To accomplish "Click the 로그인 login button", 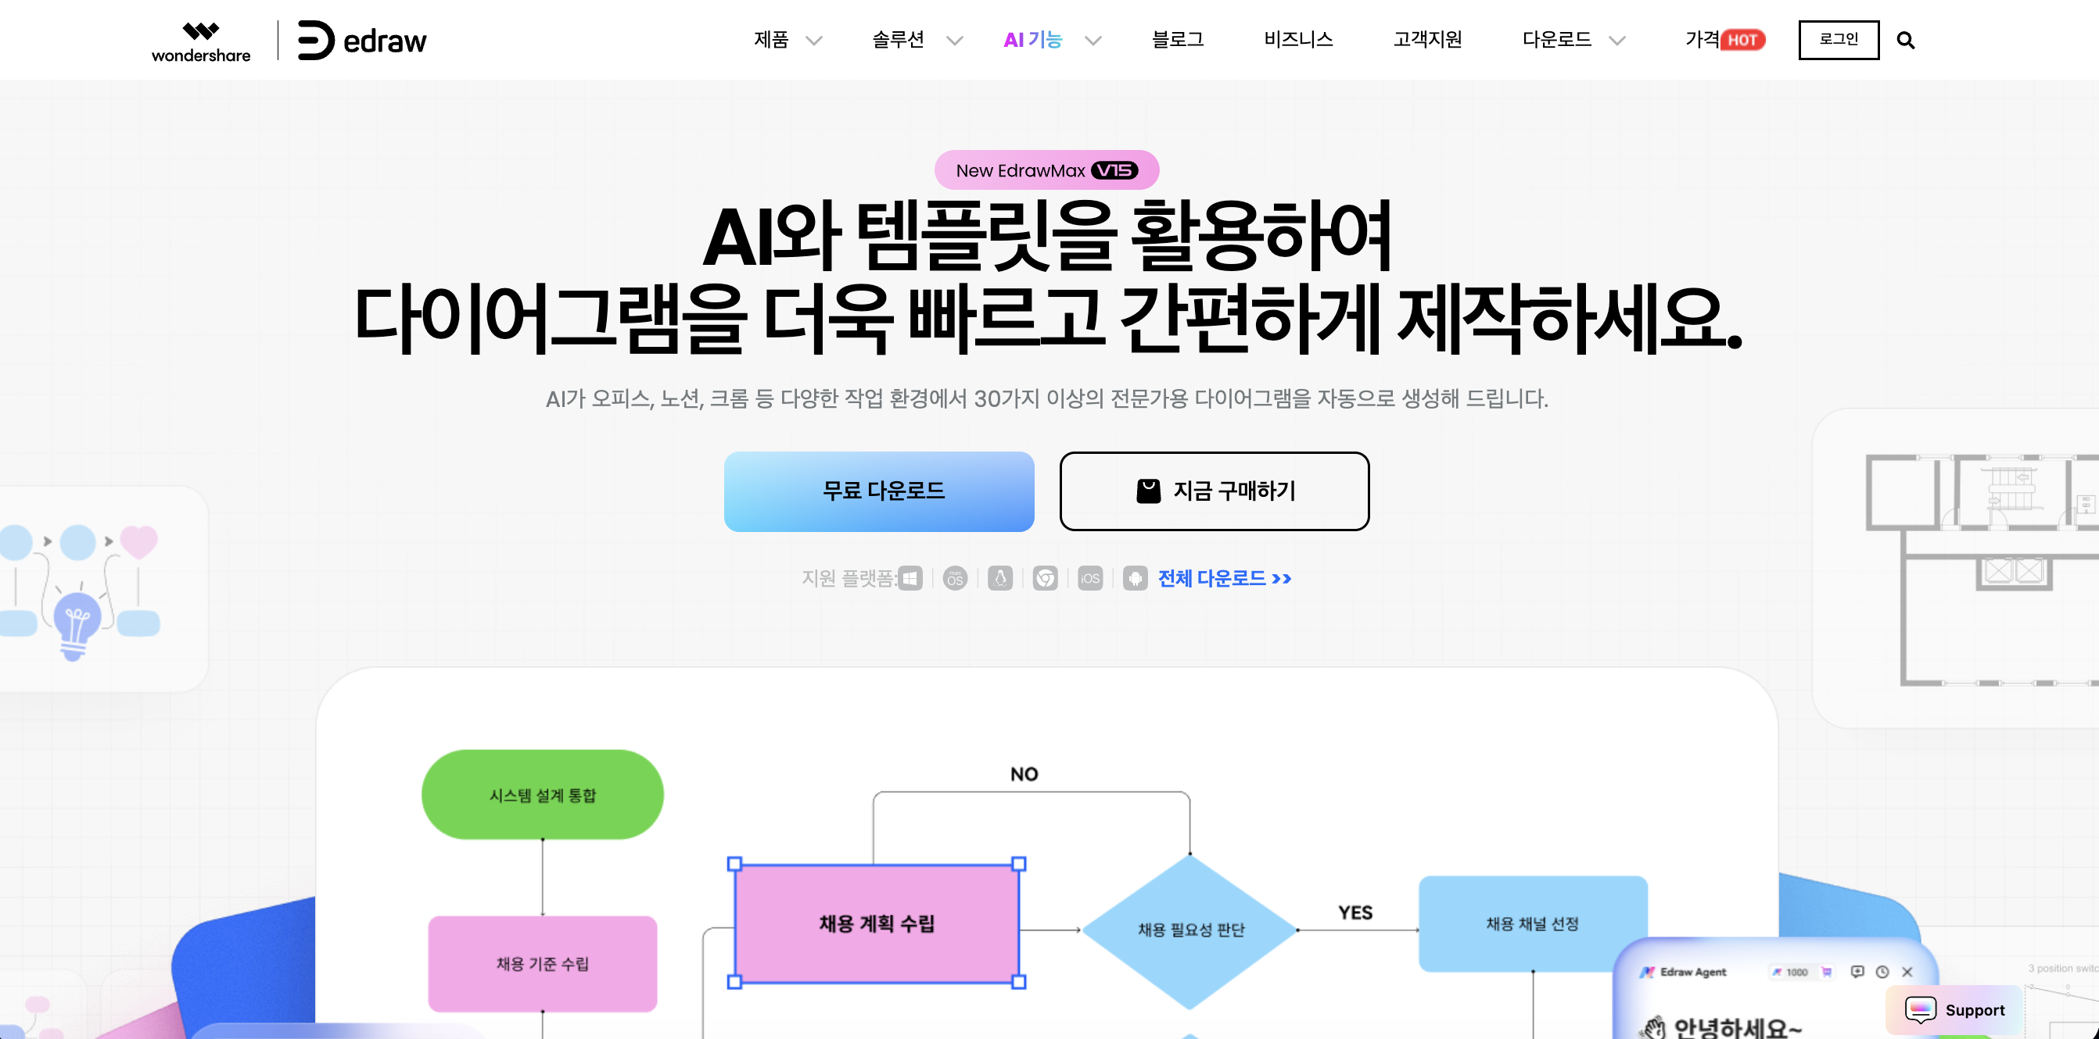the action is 1839,40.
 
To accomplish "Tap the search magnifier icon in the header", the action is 1905,40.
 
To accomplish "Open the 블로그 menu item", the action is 1177,40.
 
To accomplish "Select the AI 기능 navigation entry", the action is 1033,40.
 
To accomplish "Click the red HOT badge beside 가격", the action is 1742,40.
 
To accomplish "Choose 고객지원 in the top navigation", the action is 1426,40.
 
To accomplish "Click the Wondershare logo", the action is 200,41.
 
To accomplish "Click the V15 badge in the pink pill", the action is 1114,170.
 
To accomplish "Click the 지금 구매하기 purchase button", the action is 1214,491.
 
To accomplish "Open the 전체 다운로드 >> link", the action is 1224,578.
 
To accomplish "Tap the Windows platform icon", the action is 910,578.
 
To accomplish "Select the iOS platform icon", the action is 1089,578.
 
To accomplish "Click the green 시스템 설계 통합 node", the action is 542,794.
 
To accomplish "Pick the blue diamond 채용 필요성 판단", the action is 1189,929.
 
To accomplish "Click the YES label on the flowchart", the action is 1355,912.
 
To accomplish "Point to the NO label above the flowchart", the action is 1024,773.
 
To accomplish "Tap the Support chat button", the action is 1955,1009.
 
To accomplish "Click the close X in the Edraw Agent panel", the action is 1907,971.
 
